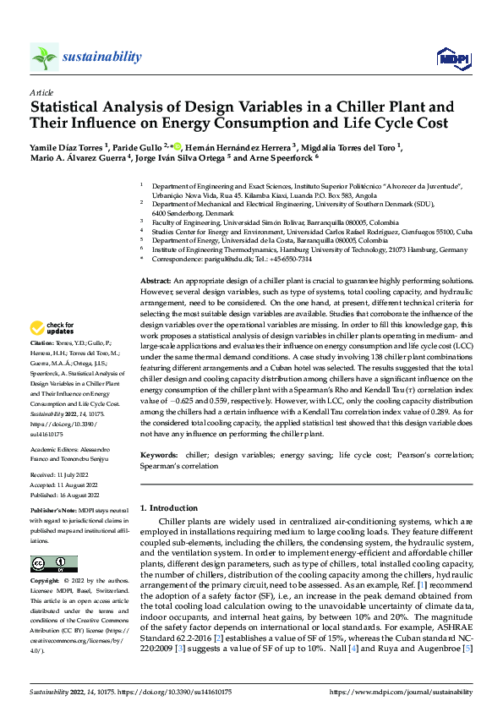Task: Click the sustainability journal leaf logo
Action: click(x=45, y=57)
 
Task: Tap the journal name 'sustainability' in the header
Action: click(x=102, y=57)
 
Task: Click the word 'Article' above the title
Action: click(x=41, y=92)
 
